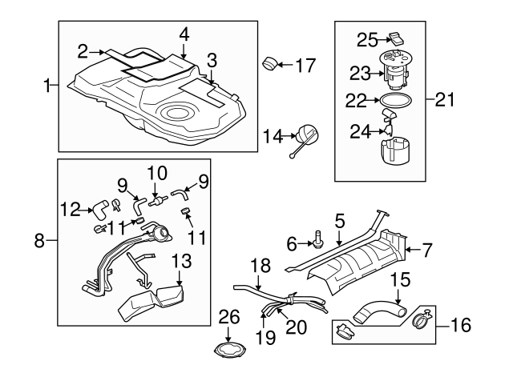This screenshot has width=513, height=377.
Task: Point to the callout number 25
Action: click(x=366, y=38)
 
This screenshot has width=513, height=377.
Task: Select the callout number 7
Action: click(x=427, y=251)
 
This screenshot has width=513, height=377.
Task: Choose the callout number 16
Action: click(x=461, y=326)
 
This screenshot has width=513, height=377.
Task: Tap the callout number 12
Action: click(x=70, y=211)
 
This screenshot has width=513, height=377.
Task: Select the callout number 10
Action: click(x=156, y=172)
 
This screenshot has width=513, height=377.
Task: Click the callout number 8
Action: click(x=45, y=239)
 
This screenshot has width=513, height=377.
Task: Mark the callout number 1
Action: click(x=47, y=83)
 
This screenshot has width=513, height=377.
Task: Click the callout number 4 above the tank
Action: click(x=184, y=35)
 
